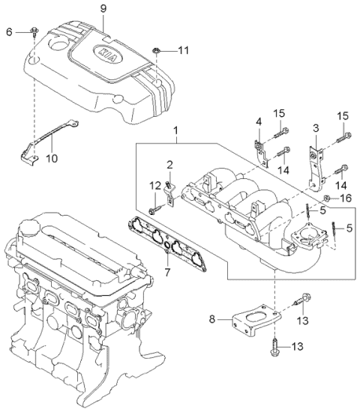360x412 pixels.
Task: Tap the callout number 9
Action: click(103, 9)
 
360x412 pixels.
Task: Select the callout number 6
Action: click(9, 31)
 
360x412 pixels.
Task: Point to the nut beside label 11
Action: click(154, 50)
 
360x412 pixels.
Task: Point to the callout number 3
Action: click(316, 129)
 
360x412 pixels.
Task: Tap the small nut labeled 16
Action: click(328, 199)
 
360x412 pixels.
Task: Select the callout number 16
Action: click(346, 199)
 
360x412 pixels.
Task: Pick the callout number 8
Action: click(212, 319)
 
